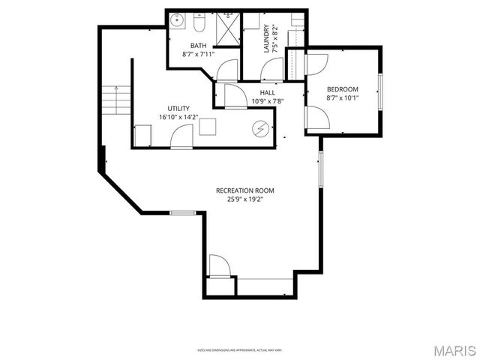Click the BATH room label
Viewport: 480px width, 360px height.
point(198,46)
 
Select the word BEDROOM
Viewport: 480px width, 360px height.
point(342,88)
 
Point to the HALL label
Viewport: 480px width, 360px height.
point(267,92)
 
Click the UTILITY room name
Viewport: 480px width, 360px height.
point(178,108)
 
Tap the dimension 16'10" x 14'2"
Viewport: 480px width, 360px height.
point(178,117)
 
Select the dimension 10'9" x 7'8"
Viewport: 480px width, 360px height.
point(267,100)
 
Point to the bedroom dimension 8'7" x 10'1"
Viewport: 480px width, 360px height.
point(342,97)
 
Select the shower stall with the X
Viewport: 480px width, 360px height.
point(227,29)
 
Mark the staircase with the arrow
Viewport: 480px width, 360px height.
point(115,99)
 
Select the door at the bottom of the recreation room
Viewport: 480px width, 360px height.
point(219,265)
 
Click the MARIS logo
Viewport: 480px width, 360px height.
point(452,349)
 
